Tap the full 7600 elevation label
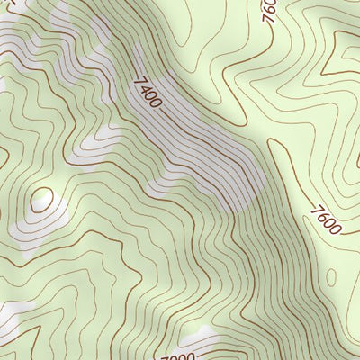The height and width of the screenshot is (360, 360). tap(325, 220)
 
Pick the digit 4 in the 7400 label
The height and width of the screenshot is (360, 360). tap(142, 88)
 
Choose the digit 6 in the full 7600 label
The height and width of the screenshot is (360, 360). tap(321, 217)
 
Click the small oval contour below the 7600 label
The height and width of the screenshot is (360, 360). tap(331, 274)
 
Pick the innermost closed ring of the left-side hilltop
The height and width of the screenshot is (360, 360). tap(40, 200)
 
